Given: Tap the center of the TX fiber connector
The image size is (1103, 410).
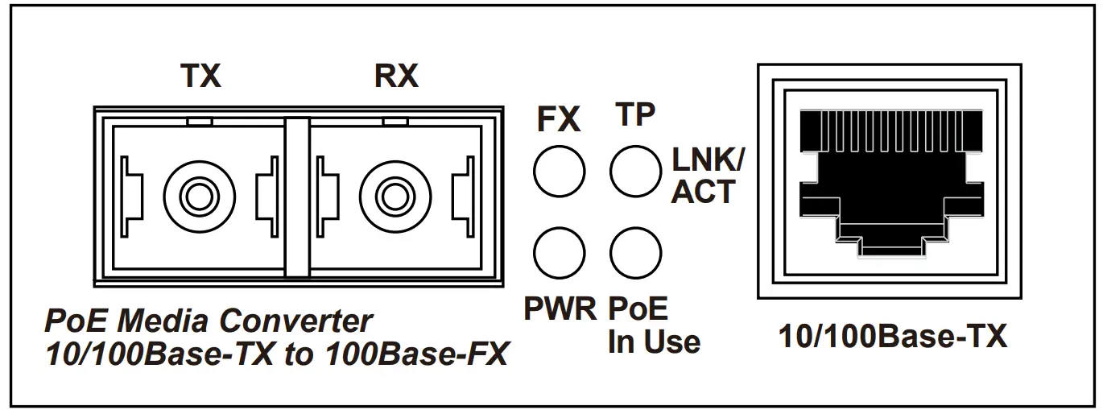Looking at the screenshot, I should (x=200, y=194).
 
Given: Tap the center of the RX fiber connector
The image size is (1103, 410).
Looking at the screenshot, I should (x=395, y=194).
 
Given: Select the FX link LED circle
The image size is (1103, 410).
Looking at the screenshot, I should (x=559, y=171).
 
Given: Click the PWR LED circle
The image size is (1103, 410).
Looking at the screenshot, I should (x=559, y=252).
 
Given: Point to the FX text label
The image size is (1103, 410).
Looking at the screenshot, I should (x=559, y=120).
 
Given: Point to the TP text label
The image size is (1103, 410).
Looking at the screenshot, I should (x=634, y=114).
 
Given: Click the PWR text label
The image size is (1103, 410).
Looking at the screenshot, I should (x=560, y=309).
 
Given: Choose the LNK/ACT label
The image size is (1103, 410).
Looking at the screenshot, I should (x=708, y=176).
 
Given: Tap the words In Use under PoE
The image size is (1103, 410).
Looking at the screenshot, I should (x=654, y=342).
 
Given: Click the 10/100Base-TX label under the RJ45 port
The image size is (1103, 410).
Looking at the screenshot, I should (x=893, y=337).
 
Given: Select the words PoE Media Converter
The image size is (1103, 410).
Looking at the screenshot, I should (x=208, y=321).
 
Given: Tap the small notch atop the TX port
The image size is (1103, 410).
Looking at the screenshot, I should (x=199, y=122).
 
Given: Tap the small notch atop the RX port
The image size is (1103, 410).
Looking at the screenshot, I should (x=394, y=122).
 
